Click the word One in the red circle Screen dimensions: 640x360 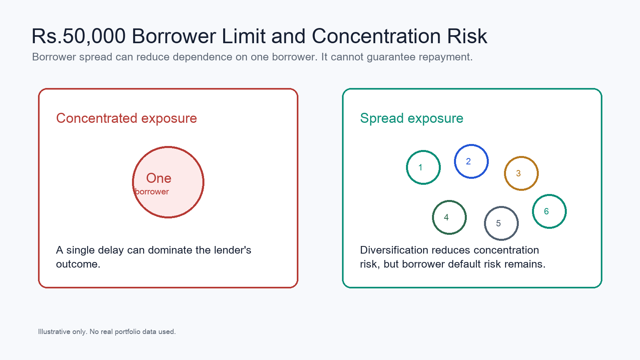158,178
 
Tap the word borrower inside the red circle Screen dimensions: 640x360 152,192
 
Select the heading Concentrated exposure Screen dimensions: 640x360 126,118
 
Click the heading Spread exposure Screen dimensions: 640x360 412,118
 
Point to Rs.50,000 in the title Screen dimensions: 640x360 78,36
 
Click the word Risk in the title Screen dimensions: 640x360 467,36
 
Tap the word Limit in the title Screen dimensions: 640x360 244,36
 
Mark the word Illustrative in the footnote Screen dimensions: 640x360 54,332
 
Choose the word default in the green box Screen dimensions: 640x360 464,264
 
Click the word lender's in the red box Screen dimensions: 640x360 232,250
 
